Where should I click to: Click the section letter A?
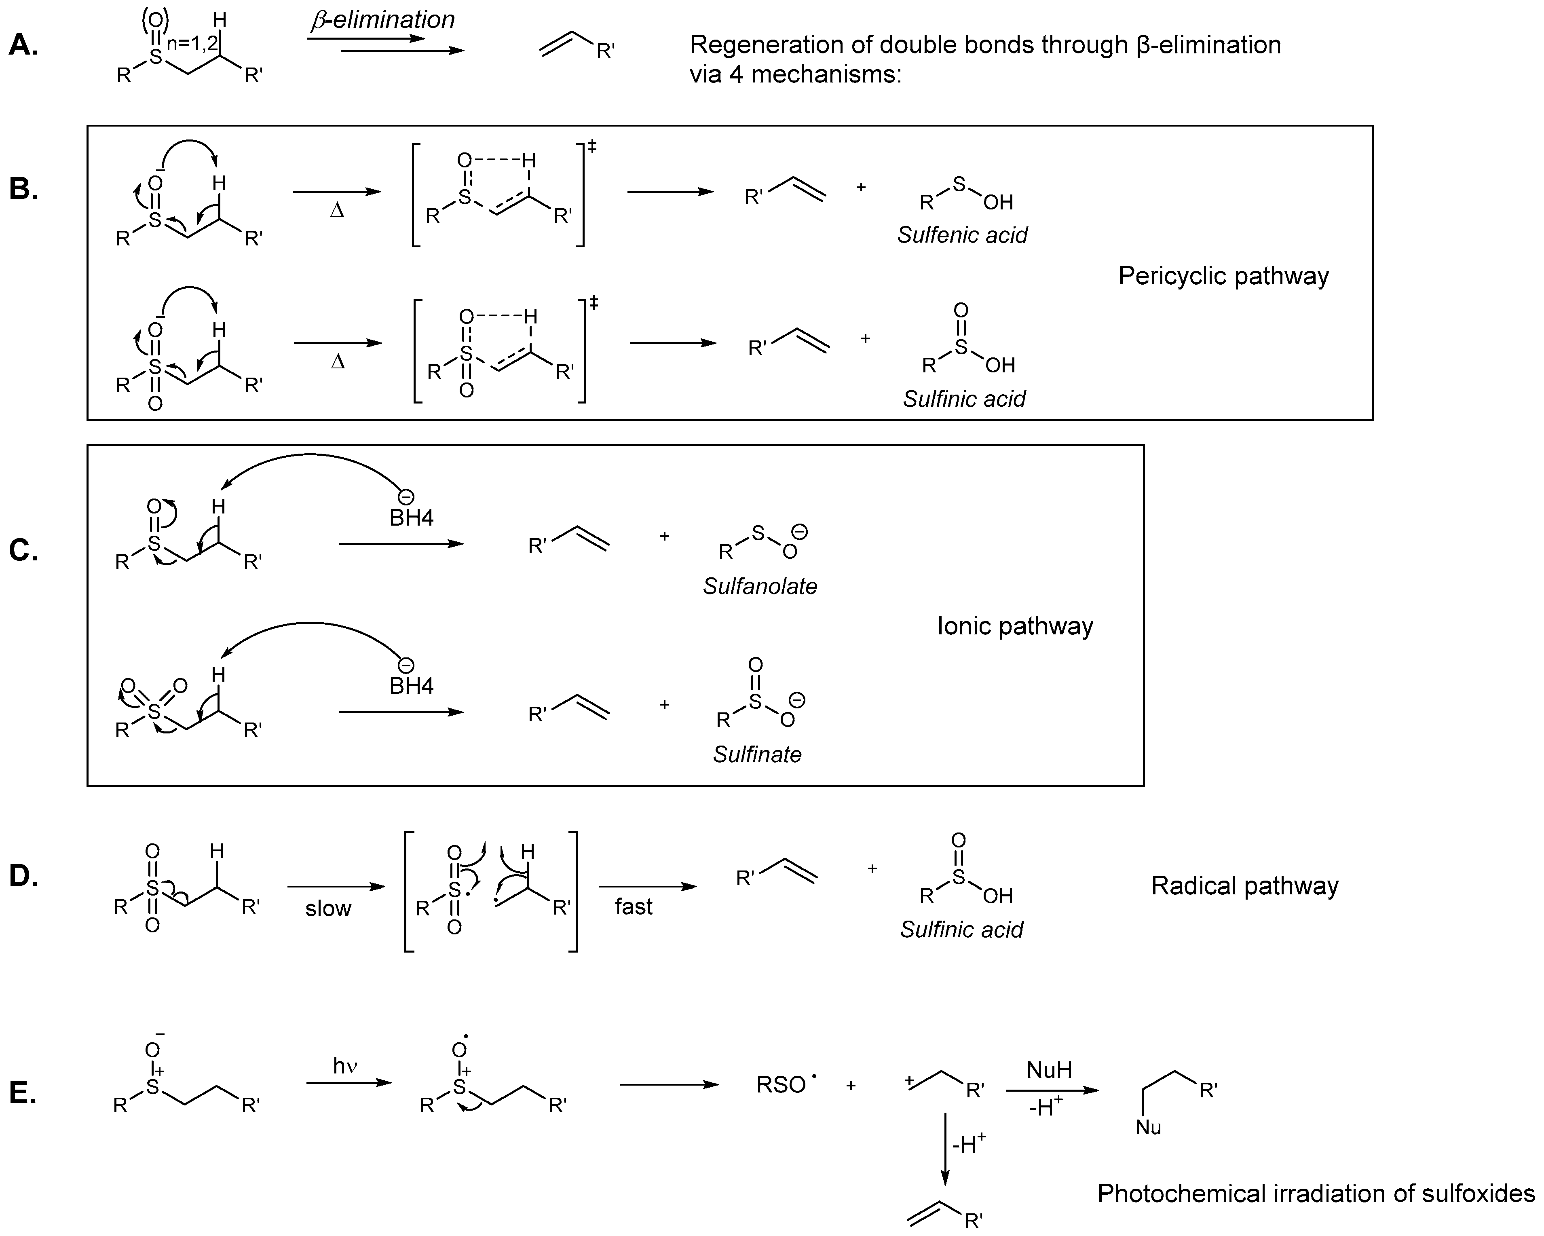click(23, 46)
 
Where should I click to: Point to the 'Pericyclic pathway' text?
click(1223, 276)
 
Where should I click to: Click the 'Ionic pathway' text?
click(1015, 626)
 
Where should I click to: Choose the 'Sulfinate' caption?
click(757, 754)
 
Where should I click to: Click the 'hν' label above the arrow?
click(345, 1066)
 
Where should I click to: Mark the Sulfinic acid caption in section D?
click(961, 930)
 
